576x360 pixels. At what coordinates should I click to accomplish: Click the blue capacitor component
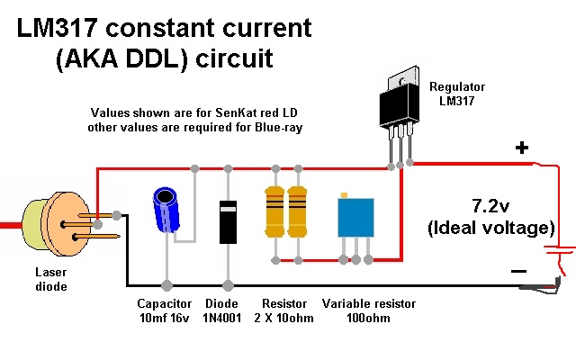click(x=166, y=210)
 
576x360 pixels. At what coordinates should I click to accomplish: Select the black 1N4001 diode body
click(x=228, y=222)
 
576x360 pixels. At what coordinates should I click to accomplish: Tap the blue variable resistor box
click(x=355, y=218)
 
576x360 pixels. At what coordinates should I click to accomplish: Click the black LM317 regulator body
click(x=399, y=104)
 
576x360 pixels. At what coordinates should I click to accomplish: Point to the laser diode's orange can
click(x=66, y=224)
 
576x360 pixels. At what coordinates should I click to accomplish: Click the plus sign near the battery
click(x=522, y=148)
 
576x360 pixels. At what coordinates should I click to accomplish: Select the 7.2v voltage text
click(x=490, y=206)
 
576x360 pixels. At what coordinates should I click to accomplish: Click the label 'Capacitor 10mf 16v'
click(x=164, y=310)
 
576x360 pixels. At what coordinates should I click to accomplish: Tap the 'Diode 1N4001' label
click(x=222, y=310)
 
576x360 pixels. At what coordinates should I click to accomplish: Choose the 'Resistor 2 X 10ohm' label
click(x=284, y=310)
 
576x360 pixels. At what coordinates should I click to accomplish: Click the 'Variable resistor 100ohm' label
click(x=368, y=310)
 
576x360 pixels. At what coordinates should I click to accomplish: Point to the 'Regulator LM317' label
click(x=457, y=94)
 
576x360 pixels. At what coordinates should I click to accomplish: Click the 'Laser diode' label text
click(x=51, y=279)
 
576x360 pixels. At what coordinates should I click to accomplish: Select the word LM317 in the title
click(x=58, y=28)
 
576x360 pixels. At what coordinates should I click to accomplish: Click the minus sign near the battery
click(x=518, y=272)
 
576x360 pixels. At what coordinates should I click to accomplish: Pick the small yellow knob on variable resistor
click(x=344, y=195)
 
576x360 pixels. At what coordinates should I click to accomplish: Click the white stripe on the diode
click(x=228, y=209)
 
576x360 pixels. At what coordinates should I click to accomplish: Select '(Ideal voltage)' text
click(x=491, y=228)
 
